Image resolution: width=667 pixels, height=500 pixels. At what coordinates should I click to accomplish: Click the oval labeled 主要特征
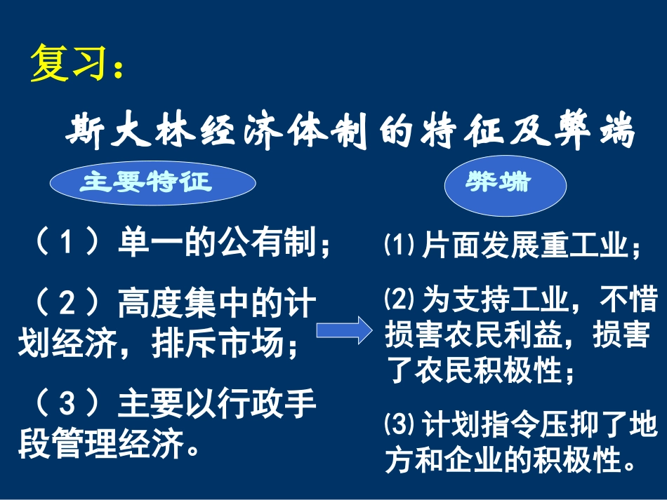pos(152,182)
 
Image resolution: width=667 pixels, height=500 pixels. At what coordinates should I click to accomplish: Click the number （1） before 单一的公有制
pos(65,245)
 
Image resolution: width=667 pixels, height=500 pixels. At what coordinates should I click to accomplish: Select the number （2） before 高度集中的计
pos(65,306)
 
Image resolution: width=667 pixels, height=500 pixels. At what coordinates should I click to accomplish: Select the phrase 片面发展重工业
pos(523,247)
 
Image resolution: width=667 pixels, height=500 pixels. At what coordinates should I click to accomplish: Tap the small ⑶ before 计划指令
pos(400,425)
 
